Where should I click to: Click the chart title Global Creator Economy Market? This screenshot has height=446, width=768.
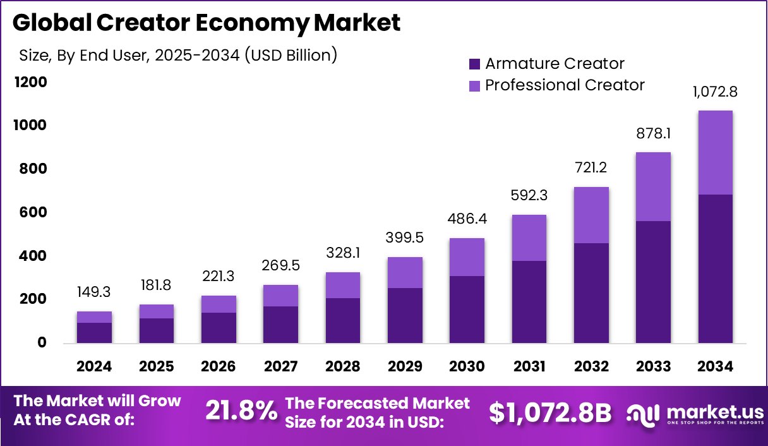point(206,23)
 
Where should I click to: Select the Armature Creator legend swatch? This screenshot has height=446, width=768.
point(475,64)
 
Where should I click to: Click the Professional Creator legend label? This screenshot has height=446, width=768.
point(565,85)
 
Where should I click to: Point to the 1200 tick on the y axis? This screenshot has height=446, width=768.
point(30,82)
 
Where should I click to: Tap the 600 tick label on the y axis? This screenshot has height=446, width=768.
point(33,212)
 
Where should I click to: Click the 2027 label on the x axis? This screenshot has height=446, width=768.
point(280,367)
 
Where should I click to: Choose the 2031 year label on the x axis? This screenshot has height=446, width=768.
point(529,367)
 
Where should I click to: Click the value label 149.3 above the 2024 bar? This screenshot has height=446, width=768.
point(95,292)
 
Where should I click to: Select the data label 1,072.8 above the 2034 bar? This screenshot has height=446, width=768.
point(715,92)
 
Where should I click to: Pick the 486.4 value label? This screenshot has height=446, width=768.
point(467,219)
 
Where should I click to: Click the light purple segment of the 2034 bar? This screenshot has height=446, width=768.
point(715,152)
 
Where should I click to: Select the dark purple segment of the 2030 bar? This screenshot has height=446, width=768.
point(467,310)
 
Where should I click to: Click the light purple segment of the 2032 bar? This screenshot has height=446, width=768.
point(591,215)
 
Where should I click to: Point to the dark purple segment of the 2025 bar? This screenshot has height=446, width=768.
point(157,330)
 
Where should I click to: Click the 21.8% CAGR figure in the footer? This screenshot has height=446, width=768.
point(241,412)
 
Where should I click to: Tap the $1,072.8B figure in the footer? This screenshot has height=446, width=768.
point(550,413)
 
